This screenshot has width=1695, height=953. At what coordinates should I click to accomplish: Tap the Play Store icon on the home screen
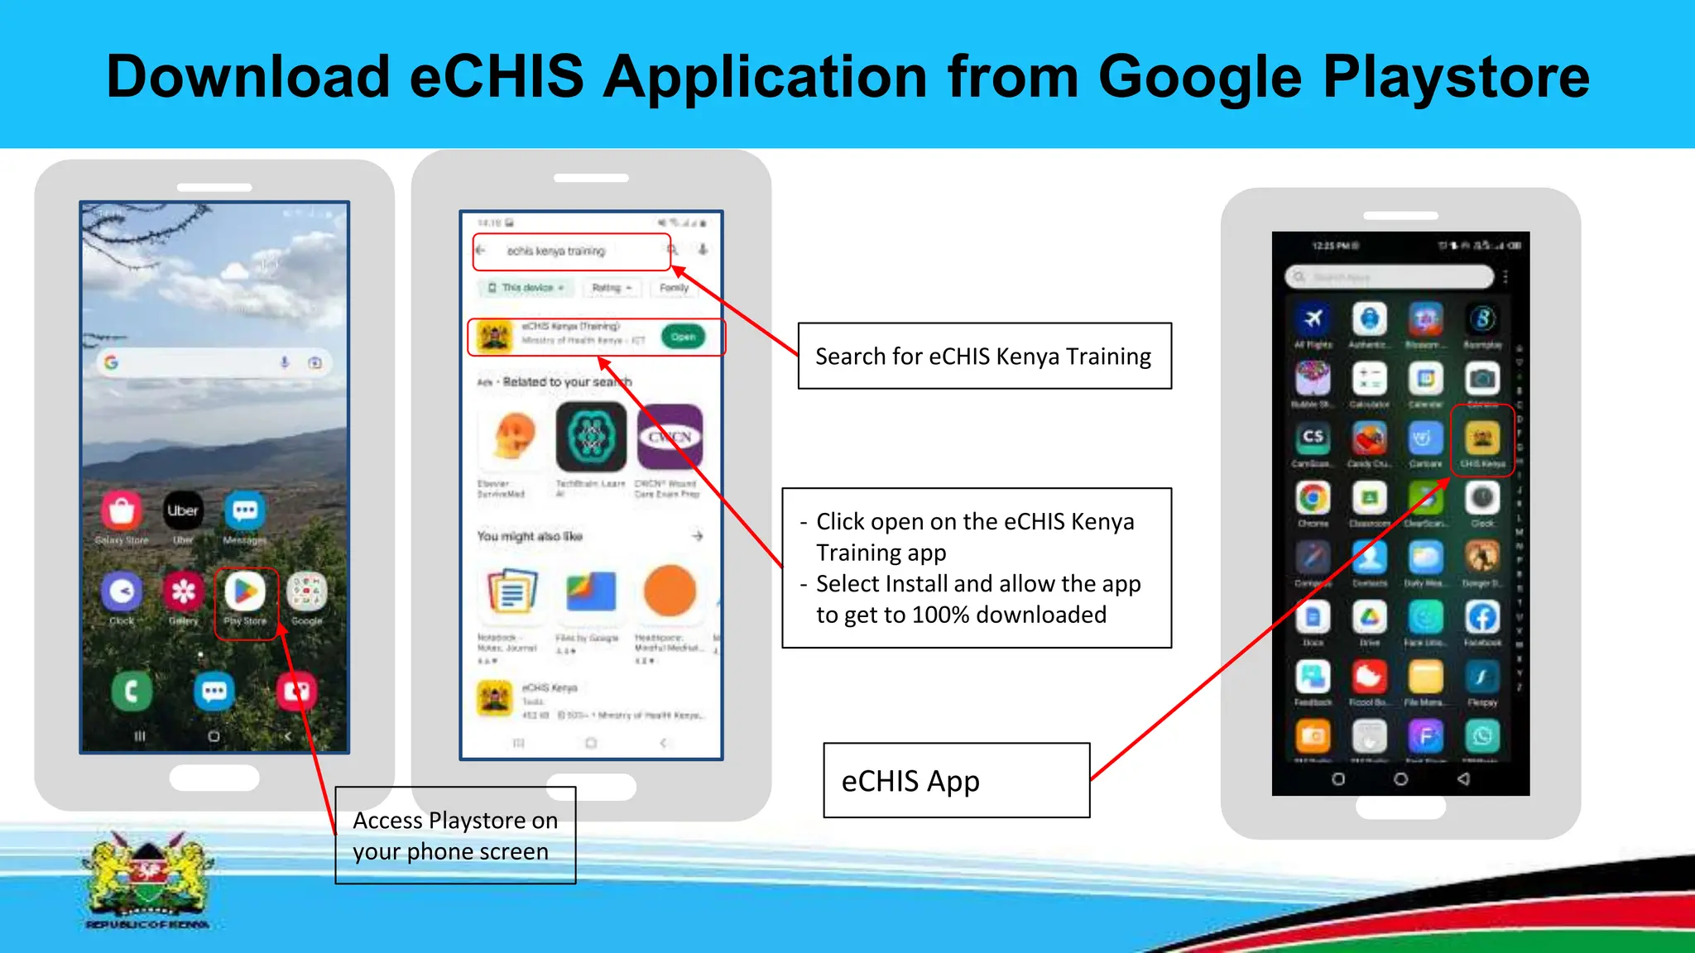245,592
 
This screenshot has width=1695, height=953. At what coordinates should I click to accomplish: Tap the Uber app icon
183,511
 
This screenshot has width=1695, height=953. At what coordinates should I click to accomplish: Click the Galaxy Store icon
122,511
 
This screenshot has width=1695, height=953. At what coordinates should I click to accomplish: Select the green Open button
683,337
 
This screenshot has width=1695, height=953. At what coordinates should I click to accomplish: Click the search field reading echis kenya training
571,251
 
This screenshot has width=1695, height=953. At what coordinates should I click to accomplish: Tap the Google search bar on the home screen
214,362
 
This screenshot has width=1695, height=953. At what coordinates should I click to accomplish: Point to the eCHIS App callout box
956,780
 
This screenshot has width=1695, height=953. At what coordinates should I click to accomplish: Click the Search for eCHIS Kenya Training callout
984,356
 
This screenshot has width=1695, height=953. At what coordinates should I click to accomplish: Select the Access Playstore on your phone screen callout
455,836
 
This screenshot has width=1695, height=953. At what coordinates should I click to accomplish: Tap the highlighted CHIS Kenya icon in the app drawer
1481,438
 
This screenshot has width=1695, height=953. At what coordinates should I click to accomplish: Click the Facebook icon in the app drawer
1481,617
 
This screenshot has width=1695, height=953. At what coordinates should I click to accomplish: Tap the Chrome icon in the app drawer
1313,499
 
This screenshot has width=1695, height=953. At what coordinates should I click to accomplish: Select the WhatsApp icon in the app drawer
1481,735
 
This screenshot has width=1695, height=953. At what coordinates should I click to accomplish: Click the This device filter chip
526,288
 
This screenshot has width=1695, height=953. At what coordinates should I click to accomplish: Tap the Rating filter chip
611,288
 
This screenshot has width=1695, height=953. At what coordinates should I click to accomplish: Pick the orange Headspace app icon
670,591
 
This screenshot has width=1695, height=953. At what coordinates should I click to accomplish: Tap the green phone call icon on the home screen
132,691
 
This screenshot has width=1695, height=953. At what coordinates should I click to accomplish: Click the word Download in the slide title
248,77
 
